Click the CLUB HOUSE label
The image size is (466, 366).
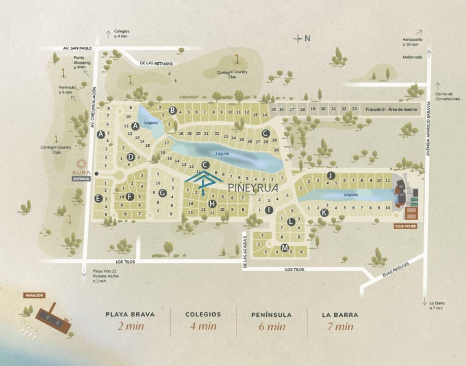tap(405, 226)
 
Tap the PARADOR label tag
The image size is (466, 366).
tap(34, 296)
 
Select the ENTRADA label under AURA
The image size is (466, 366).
tap(81, 179)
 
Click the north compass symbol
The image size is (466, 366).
tap(298, 39)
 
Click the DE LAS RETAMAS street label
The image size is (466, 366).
tap(156, 63)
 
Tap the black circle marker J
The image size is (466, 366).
tap(331, 176)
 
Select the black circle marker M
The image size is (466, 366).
tap(285, 248)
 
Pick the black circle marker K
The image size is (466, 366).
tap(324, 212)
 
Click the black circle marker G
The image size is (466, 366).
tap(162, 193)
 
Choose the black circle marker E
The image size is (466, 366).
tap(98, 198)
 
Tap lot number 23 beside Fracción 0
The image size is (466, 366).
tap(354, 109)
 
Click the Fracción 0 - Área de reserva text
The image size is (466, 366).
tap(391, 109)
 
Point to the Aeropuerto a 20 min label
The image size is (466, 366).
tap(412, 42)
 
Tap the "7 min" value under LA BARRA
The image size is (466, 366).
tap(340, 326)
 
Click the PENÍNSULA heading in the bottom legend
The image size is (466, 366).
tap(271, 315)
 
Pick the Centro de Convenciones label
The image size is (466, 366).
tap(447, 96)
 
